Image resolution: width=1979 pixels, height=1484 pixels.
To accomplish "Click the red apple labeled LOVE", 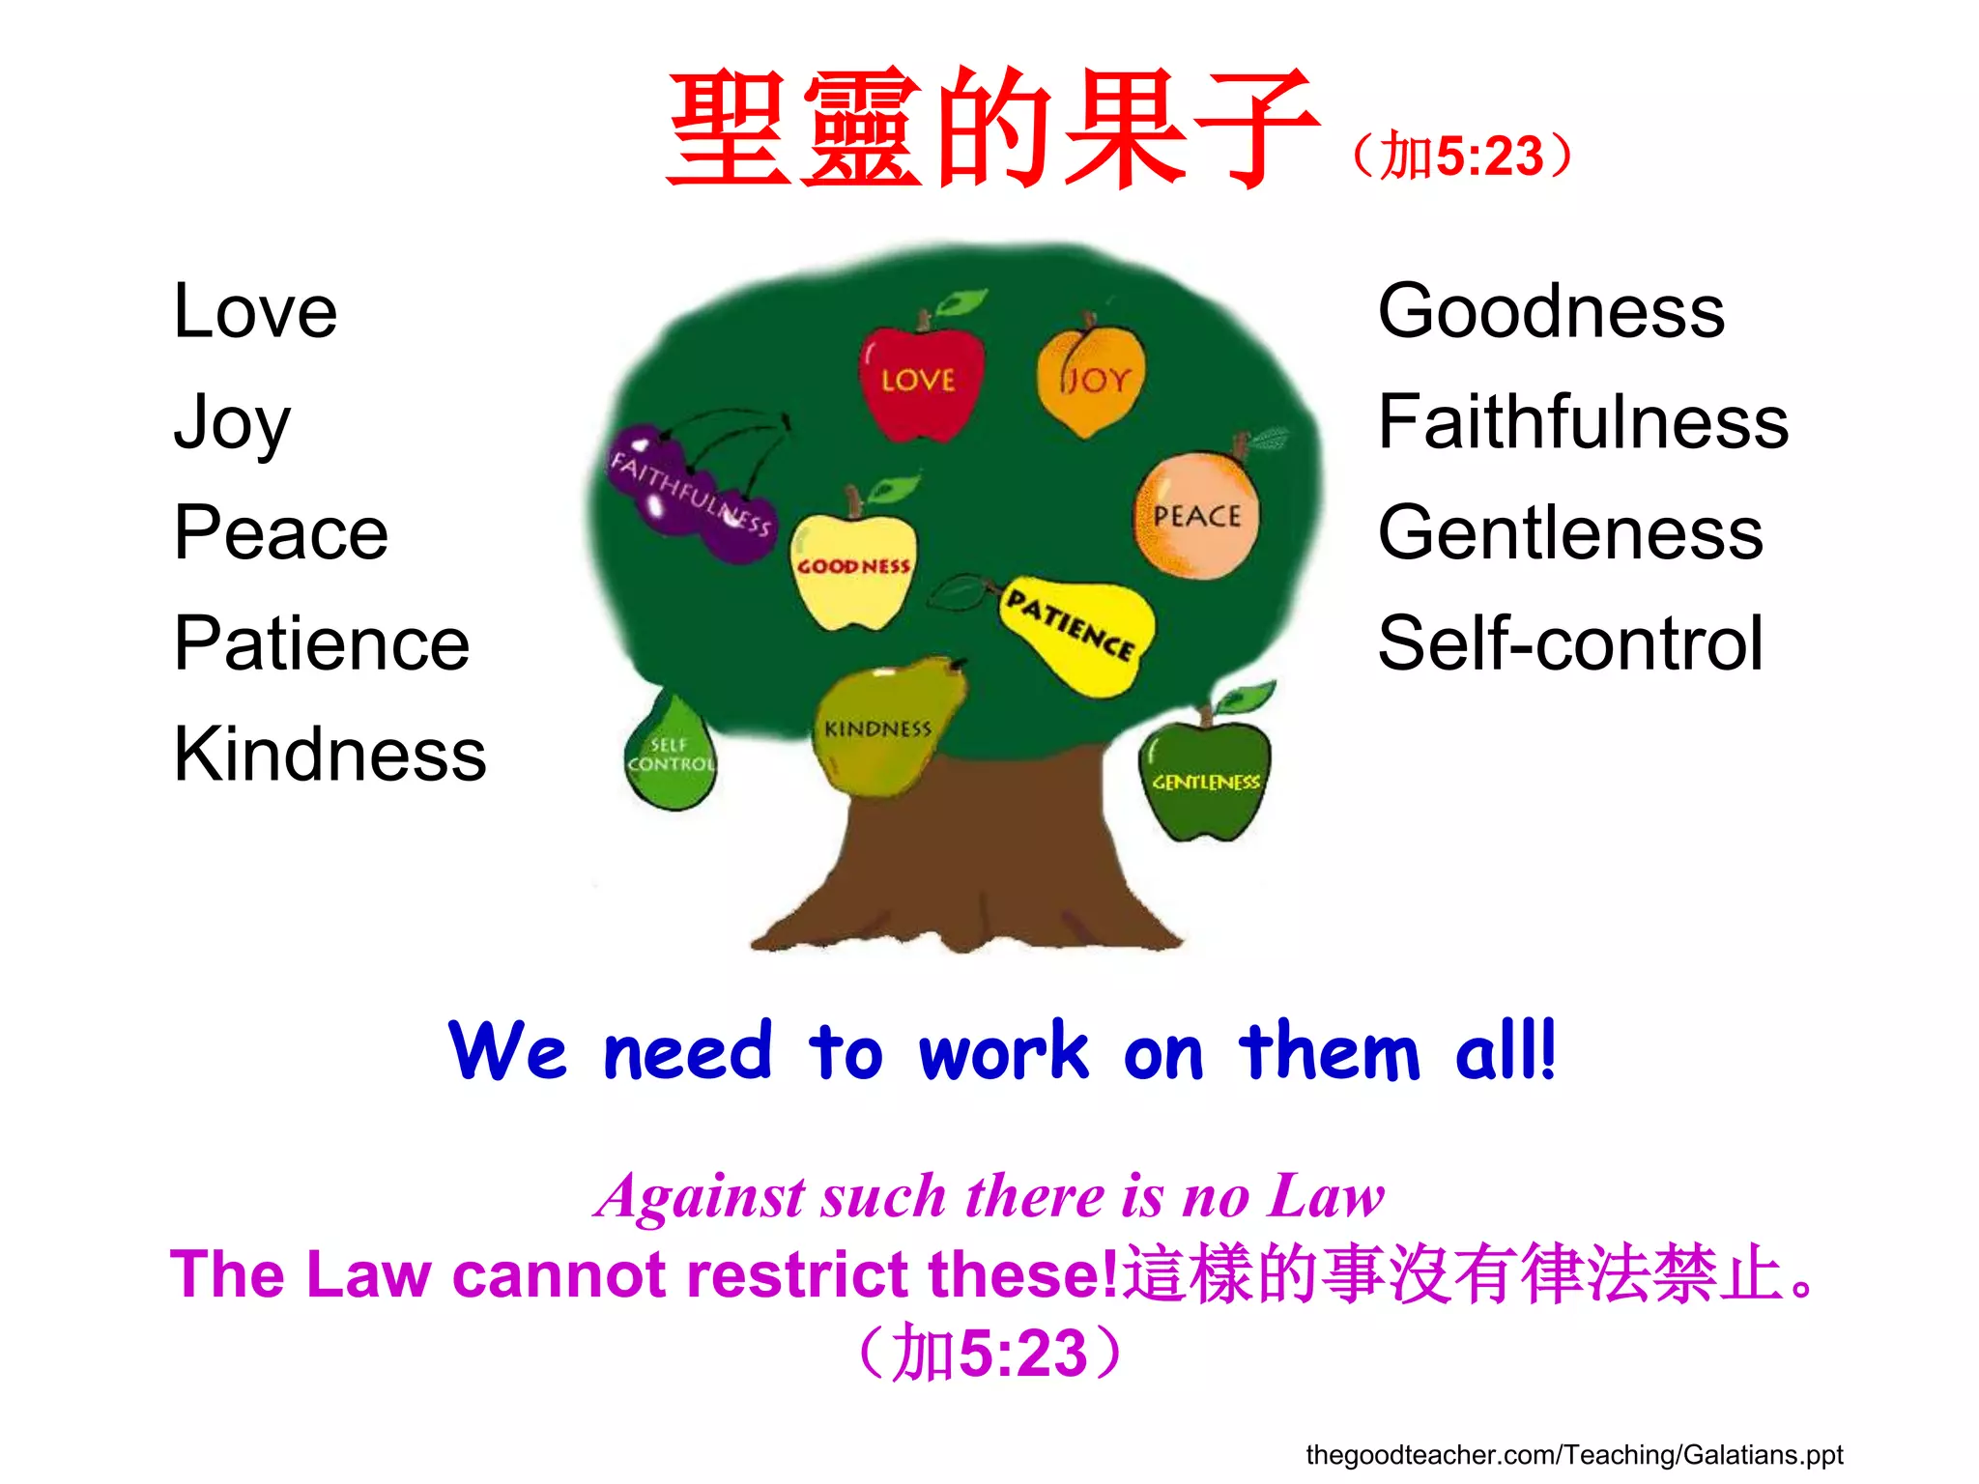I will [920, 382].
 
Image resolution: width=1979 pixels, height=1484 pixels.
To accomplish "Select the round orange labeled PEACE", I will [1196, 517].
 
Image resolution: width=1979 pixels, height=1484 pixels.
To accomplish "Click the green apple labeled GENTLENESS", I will [1206, 781].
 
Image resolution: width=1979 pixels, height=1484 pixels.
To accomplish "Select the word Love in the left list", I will [255, 311].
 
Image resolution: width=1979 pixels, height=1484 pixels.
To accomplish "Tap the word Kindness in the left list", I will [330, 755].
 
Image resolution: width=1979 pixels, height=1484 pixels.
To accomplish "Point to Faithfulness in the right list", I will [1583, 422].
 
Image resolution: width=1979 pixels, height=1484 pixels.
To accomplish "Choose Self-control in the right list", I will [1570, 643].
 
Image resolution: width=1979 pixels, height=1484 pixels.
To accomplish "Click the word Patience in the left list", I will [321, 643].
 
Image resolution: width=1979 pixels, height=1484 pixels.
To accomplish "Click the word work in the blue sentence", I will [1003, 1051].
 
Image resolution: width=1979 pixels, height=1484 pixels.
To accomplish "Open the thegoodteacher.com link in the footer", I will [1573, 1455].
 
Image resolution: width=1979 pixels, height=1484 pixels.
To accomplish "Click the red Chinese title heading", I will [990, 130].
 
